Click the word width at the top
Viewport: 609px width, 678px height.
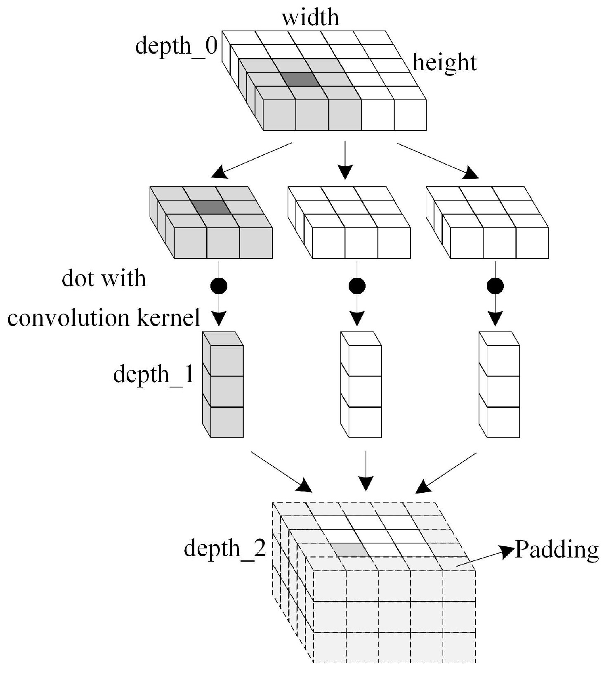pyautogui.click(x=311, y=18)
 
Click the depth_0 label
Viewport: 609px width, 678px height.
pyautogui.click(x=176, y=45)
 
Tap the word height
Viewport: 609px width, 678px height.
pyautogui.click(x=445, y=63)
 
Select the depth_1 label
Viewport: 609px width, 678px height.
pyautogui.click(x=153, y=374)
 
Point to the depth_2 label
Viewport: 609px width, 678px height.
pyautogui.click(x=225, y=548)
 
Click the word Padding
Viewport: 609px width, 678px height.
pyautogui.click(x=557, y=550)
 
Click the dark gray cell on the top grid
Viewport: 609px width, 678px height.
pyautogui.click(x=300, y=79)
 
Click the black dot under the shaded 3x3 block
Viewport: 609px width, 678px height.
pyautogui.click(x=219, y=285)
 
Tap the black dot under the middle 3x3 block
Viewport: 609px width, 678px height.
pyautogui.click(x=357, y=285)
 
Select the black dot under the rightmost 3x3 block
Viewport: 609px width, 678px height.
pyautogui.click(x=495, y=285)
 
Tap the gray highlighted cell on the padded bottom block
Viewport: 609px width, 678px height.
pyautogui.click(x=351, y=549)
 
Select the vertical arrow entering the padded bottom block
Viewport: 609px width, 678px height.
pyautogui.click(x=366, y=470)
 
